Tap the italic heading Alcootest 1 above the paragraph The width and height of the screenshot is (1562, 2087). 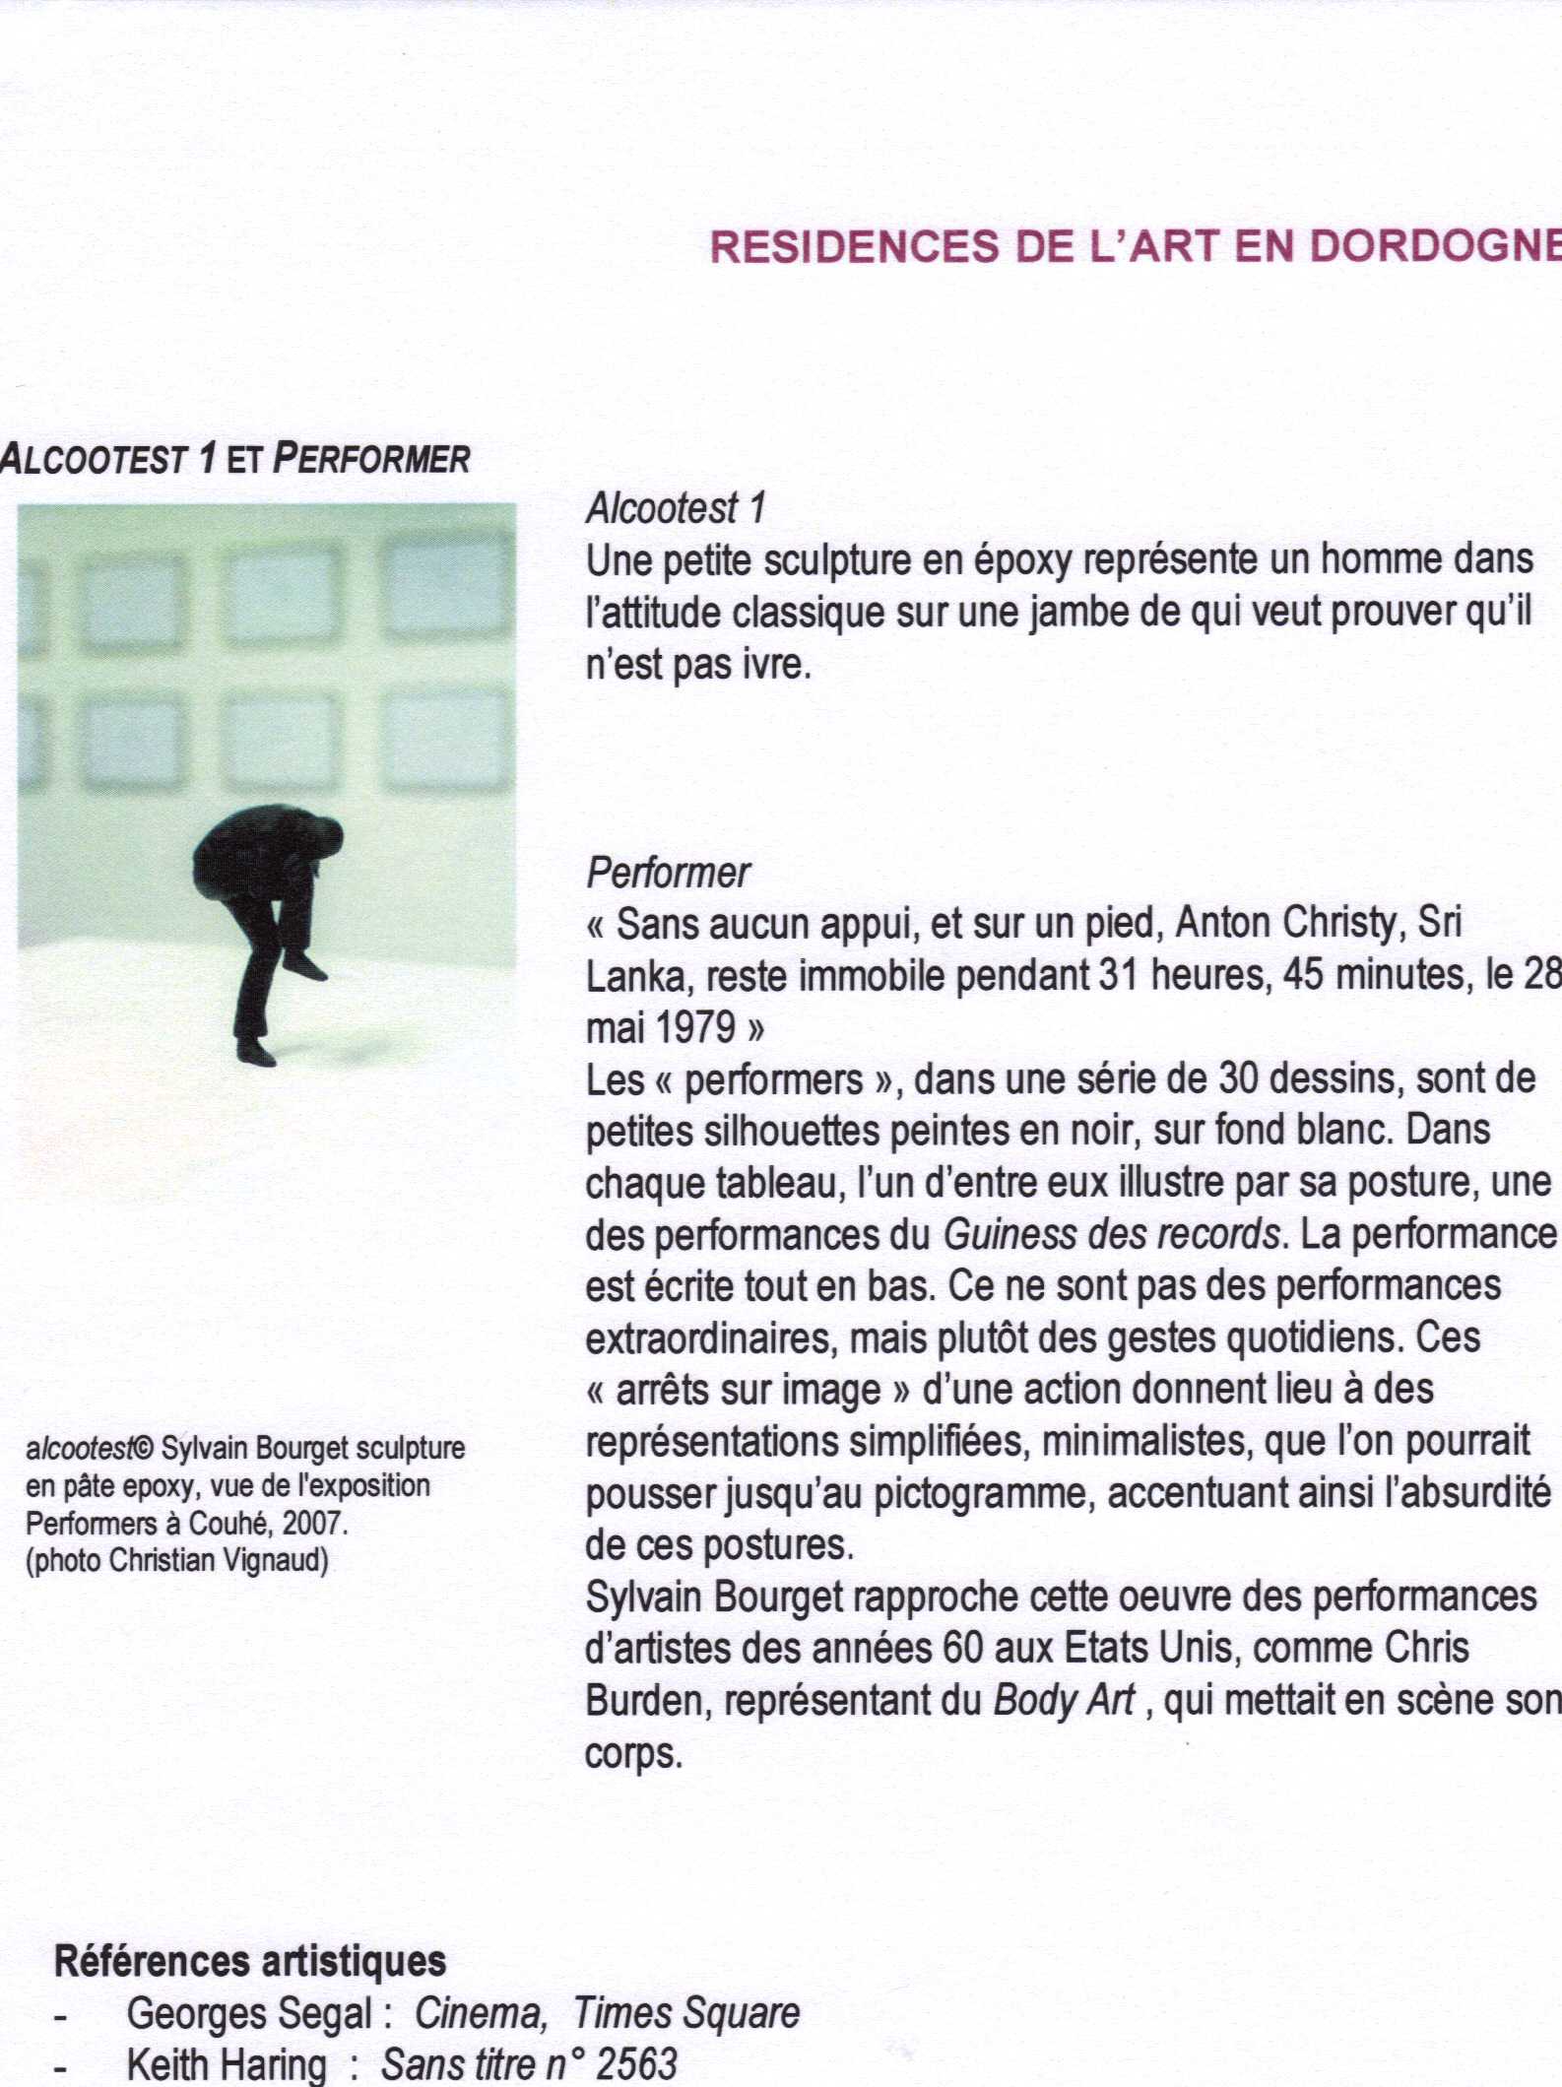[676, 508]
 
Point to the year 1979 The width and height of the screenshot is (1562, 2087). [695, 1028]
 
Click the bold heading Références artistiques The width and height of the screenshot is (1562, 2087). [250, 1961]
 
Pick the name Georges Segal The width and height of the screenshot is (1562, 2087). [249, 2014]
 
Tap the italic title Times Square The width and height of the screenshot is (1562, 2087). [686, 2014]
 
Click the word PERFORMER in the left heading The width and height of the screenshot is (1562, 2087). [370, 459]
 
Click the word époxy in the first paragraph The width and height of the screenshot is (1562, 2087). [1023, 560]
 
